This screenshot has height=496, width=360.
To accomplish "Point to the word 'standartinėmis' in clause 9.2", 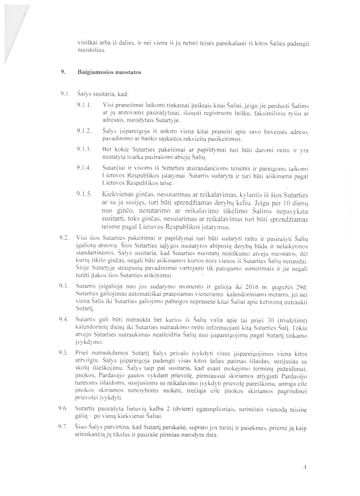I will (93, 249).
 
